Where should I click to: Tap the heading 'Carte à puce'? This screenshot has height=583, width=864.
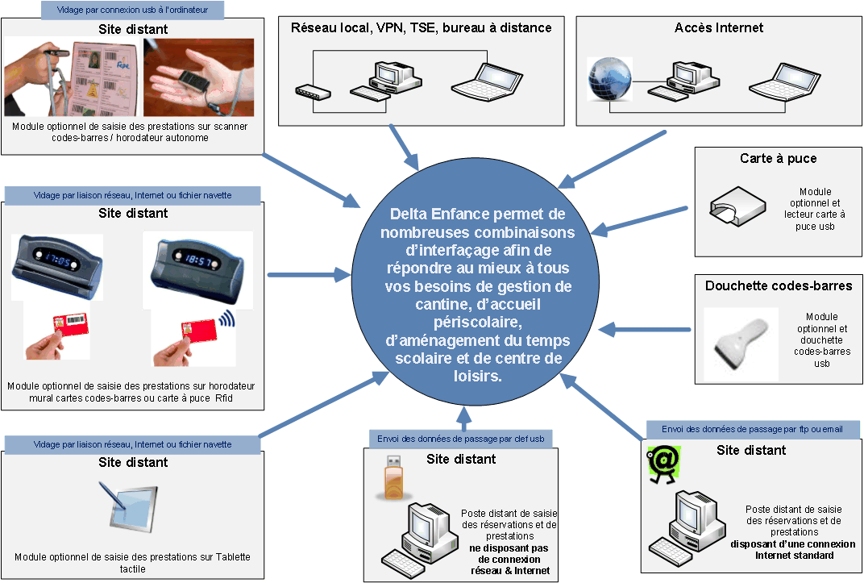coord(778,159)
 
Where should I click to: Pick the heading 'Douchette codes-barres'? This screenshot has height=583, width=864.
coord(778,285)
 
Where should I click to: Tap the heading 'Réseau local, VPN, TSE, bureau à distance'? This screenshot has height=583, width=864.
coord(421,27)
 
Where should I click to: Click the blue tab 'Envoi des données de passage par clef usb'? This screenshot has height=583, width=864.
coord(460,439)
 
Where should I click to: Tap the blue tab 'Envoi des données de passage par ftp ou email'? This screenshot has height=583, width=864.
coord(752,429)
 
